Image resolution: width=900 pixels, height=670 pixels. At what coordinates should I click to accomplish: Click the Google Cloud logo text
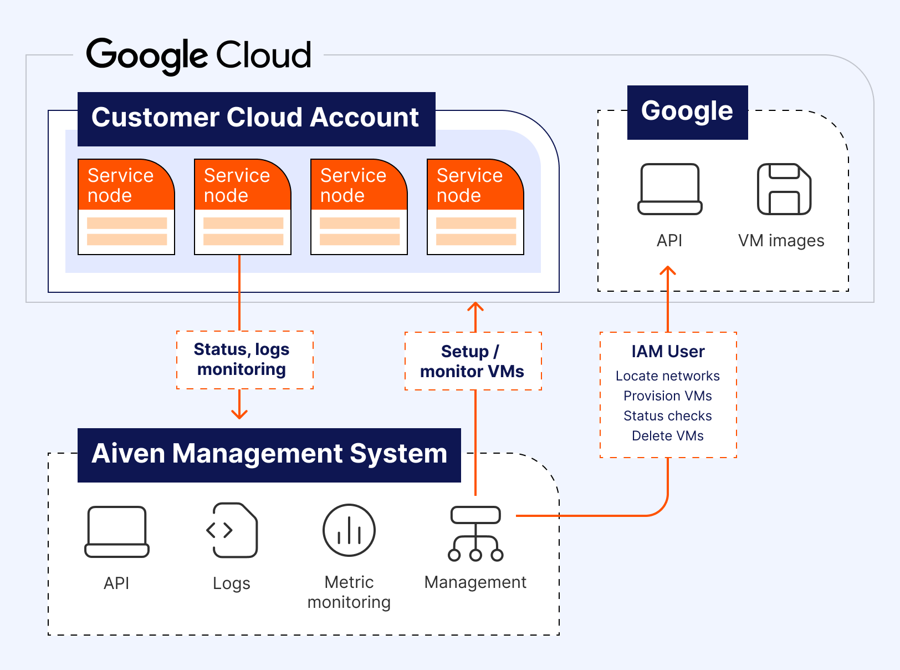(198, 55)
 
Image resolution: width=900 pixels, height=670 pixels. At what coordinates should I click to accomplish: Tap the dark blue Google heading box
(687, 112)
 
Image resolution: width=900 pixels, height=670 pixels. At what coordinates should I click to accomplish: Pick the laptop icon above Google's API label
(669, 189)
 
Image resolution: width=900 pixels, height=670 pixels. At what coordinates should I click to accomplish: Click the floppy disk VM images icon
(784, 189)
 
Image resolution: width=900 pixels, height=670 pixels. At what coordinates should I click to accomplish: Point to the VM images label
(781, 241)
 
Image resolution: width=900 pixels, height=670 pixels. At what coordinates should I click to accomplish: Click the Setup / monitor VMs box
(473, 361)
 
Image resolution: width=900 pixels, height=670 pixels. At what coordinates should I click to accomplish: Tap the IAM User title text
(668, 352)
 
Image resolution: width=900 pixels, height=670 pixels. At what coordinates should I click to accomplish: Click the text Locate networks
(668, 376)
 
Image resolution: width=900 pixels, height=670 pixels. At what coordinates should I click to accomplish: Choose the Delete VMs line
(668, 436)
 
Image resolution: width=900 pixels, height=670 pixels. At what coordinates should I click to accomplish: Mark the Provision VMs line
(668, 396)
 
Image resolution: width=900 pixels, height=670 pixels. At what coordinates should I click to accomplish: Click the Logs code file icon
(232, 530)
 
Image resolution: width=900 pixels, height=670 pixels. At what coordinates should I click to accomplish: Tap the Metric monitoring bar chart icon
(349, 530)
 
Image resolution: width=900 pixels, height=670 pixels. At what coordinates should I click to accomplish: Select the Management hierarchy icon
(475, 534)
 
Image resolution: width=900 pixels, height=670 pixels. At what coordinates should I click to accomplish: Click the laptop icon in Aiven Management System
(117, 531)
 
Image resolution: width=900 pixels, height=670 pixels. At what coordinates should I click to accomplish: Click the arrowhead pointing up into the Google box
(668, 271)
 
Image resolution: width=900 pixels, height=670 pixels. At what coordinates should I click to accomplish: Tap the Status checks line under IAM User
(668, 416)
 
